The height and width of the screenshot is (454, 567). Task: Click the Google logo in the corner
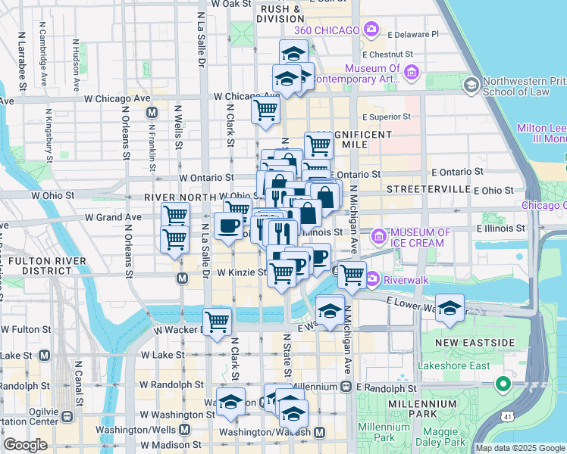25,445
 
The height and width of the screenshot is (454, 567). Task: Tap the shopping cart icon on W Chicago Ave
266,109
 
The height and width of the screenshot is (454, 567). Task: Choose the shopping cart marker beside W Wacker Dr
218,321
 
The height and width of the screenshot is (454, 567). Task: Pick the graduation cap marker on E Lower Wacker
450,308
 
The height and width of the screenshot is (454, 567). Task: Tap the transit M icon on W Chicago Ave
152,112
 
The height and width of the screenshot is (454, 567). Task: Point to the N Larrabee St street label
22,61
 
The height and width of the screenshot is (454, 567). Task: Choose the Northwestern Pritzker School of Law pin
471,84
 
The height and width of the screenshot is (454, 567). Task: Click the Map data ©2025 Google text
520,448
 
